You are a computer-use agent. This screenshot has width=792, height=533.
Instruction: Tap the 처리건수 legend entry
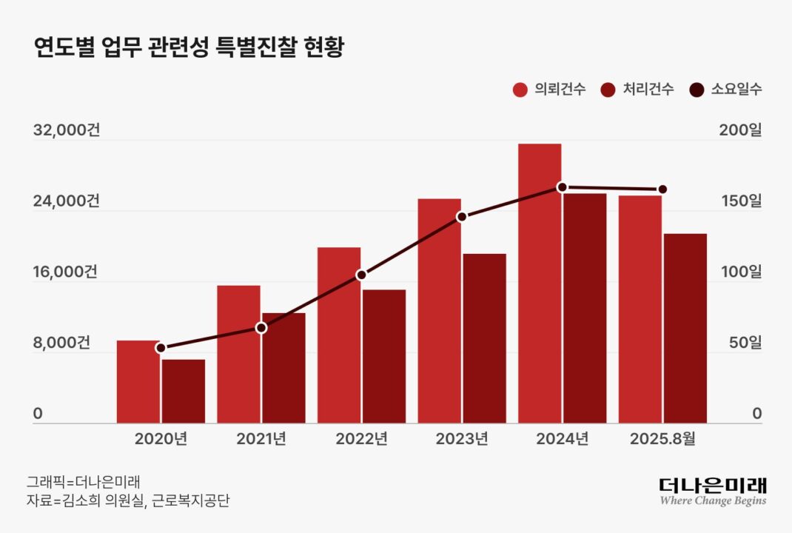(x=637, y=90)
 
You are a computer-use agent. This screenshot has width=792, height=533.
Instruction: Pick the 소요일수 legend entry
(x=725, y=90)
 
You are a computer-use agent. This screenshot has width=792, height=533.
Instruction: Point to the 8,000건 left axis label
(x=62, y=343)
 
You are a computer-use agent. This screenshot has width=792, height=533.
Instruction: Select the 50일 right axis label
(x=745, y=343)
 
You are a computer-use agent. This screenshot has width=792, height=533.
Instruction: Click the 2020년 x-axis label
(x=161, y=439)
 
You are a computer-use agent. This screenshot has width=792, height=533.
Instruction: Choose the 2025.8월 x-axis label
(x=662, y=439)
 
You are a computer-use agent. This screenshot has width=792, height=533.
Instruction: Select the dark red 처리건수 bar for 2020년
(x=183, y=392)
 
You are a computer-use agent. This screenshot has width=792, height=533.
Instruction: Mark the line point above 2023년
(x=462, y=217)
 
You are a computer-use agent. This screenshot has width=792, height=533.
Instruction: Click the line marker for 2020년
(x=161, y=348)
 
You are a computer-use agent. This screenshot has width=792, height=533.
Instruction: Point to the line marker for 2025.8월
(x=662, y=190)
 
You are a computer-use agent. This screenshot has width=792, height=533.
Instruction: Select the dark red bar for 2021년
(x=283, y=369)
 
